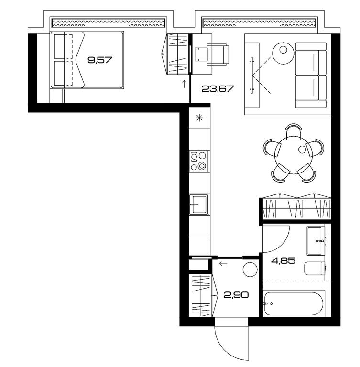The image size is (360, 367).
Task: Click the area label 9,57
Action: coord(100,60)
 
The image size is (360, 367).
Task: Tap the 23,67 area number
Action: coord(218,89)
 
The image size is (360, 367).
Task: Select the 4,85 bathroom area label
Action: coord(283,260)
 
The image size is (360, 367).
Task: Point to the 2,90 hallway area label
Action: coord(236,295)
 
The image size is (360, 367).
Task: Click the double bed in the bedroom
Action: coord(87,60)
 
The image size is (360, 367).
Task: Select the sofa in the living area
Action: coord(311,75)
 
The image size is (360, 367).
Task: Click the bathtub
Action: coord(294,304)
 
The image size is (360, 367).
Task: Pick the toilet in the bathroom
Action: coord(315,269)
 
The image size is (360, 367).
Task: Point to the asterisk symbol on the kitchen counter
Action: coord(199,118)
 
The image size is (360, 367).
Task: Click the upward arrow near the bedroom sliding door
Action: coord(184,84)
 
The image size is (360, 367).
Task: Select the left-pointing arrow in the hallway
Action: coord(223,264)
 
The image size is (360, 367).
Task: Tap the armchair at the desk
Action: coord(217,54)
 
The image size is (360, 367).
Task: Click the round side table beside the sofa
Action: coord(283,53)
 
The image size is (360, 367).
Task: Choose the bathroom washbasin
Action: coord(316,241)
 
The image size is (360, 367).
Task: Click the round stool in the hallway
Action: coord(250,270)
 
